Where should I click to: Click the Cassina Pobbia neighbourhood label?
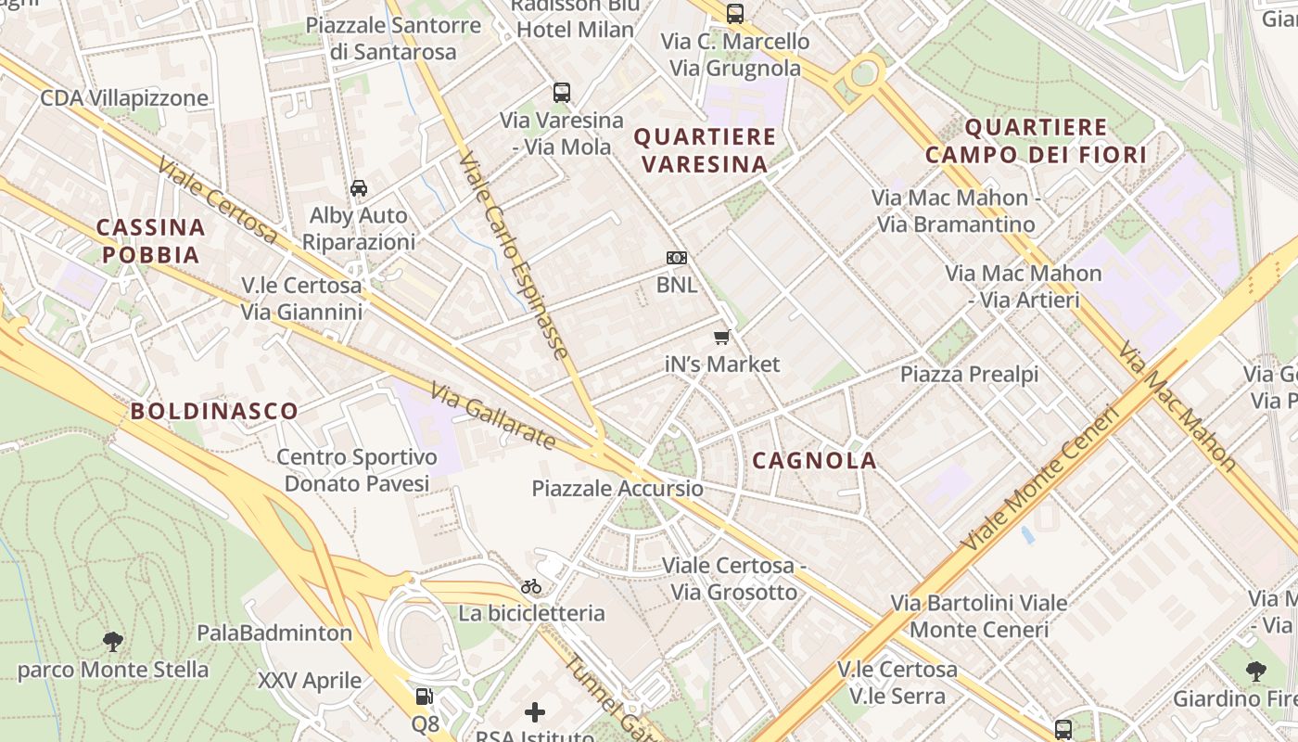(x=150, y=241)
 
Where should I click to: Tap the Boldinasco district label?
(x=214, y=411)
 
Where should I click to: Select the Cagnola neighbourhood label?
(x=814, y=460)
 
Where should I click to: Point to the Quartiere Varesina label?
(x=705, y=150)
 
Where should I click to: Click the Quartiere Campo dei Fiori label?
(x=1036, y=141)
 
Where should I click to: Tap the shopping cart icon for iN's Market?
(x=722, y=338)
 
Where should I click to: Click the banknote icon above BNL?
(x=677, y=258)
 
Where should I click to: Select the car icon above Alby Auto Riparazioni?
(x=359, y=188)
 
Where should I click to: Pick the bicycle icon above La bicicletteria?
(x=531, y=586)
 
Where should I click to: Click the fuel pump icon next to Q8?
(x=424, y=696)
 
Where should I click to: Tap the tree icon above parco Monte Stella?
(x=113, y=641)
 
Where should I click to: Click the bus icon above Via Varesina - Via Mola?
(x=562, y=93)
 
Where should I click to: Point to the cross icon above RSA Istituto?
(x=535, y=712)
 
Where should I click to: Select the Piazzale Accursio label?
(x=617, y=489)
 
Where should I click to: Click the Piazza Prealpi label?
(x=969, y=374)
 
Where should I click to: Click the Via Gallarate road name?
(x=492, y=418)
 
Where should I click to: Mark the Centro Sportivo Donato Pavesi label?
(x=357, y=470)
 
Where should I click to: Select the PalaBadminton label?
(x=274, y=633)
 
